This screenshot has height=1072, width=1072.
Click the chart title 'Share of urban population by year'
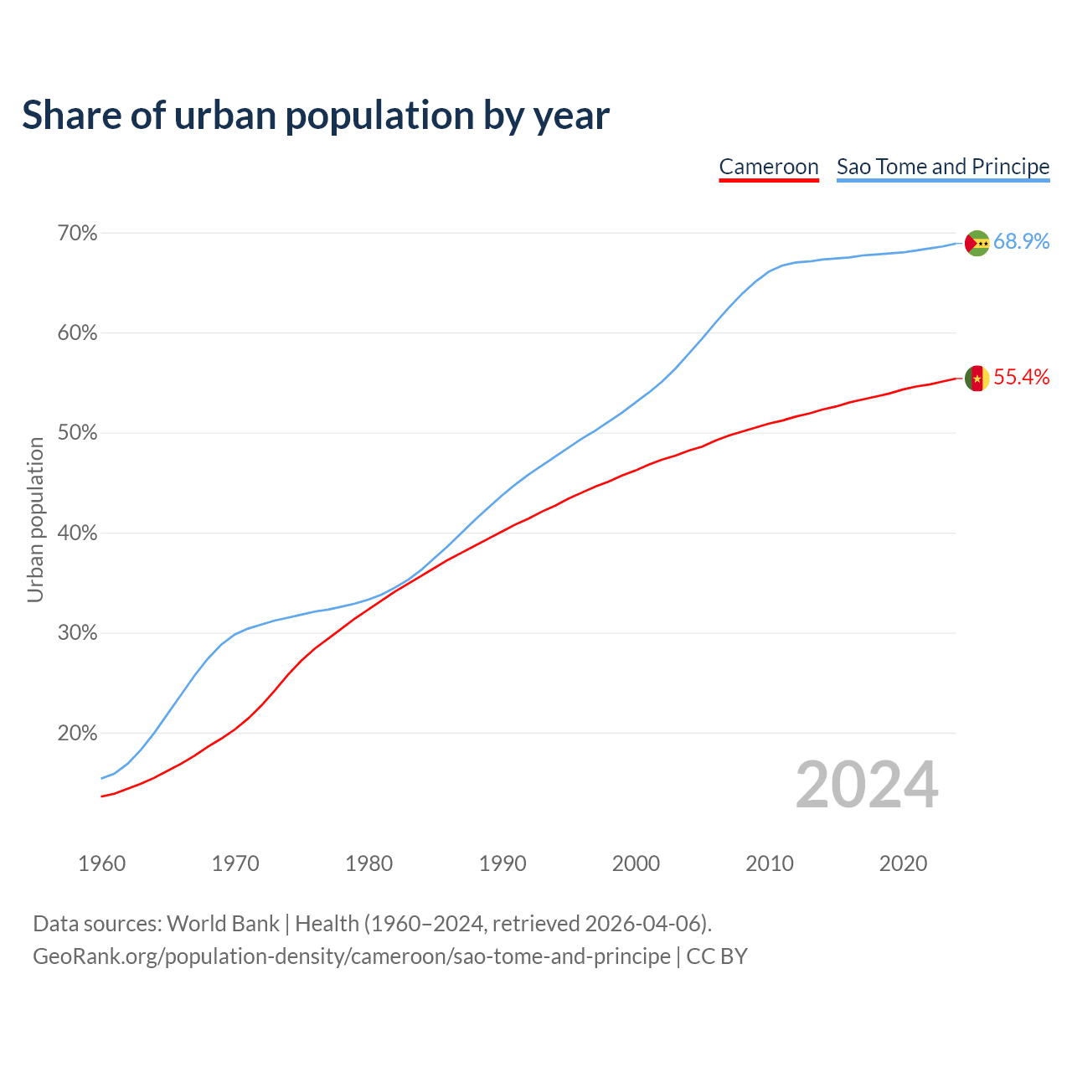[316, 116]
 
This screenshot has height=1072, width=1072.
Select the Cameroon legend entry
[769, 167]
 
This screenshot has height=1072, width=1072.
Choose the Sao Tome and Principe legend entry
[943, 167]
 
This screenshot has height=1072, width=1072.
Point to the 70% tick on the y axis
[77, 234]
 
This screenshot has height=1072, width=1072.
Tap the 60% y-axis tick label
[77, 333]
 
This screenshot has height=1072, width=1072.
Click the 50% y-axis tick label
[77, 433]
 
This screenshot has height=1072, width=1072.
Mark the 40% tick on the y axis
[77, 533]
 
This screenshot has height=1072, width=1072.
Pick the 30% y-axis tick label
[77, 633]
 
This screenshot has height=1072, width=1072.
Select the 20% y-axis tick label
[77, 734]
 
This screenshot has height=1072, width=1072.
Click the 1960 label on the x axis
[102, 863]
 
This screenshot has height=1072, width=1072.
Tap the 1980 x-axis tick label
[369, 863]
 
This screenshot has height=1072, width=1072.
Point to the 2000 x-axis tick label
[636, 863]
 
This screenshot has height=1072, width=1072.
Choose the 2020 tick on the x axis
[904, 863]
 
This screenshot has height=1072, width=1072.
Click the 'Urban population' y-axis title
[35, 520]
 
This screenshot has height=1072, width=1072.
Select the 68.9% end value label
[1022, 242]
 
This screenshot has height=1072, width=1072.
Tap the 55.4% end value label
[1022, 378]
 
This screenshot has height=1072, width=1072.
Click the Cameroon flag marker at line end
[977, 379]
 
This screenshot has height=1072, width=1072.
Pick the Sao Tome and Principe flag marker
[977, 243]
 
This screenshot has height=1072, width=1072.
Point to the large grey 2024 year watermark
[867, 786]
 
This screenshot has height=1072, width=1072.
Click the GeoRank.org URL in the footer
[352, 956]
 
